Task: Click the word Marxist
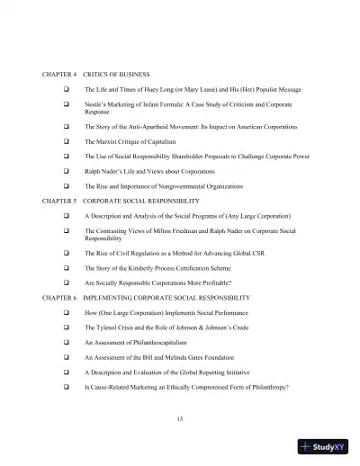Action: point(107,141)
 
